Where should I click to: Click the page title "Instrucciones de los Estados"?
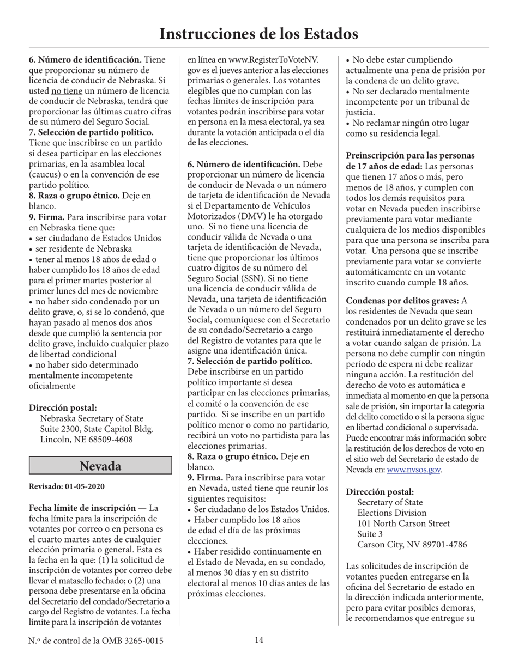coord(258,34)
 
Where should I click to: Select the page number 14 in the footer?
coord(259,641)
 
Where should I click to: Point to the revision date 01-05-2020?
coord(85,486)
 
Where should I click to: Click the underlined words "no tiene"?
coord(67,90)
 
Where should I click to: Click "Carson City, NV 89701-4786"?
coord(412,545)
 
